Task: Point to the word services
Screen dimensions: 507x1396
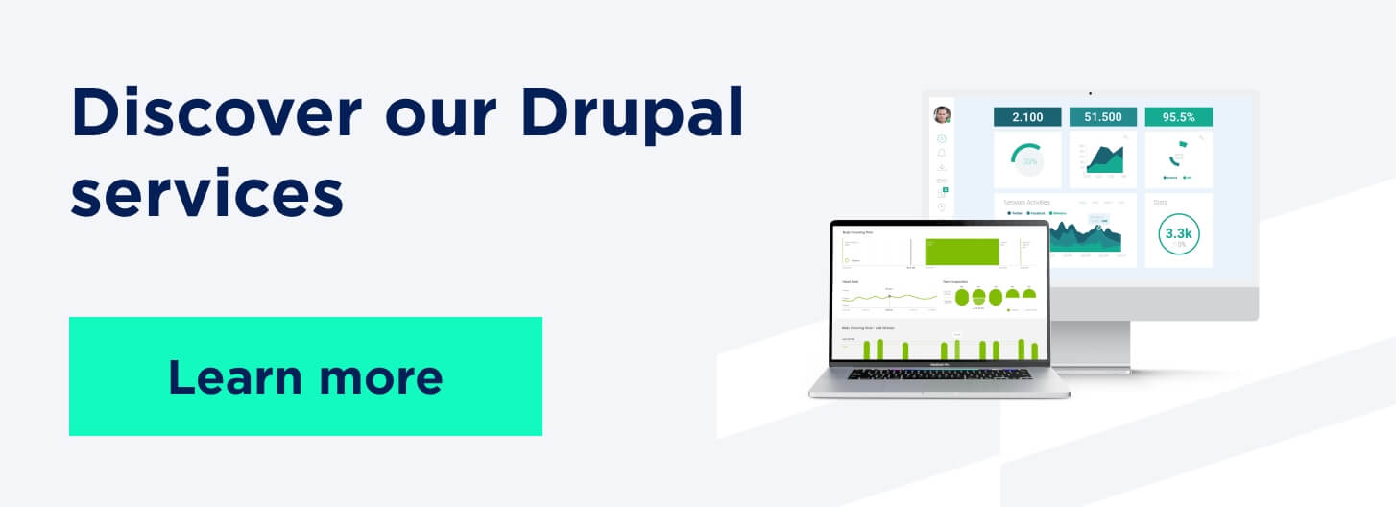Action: (x=206, y=191)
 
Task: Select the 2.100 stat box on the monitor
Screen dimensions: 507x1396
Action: (x=1026, y=116)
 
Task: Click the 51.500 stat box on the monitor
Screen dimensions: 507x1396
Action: (x=1102, y=116)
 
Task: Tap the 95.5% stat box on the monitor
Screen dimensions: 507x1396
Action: (x=1178, y=116)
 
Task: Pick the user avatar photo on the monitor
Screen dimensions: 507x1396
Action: (x=942, y=114)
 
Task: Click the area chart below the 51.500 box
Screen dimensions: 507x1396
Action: (x=1103, y=159)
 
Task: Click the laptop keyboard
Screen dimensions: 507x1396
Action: (x=939, y=374)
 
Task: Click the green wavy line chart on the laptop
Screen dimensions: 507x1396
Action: (x=888, y=298)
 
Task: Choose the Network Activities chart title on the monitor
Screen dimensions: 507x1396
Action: (x=1027, y=203)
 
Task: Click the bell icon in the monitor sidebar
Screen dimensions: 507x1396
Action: (x=942, y=152)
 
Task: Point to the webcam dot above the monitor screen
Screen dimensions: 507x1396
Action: (x=1091, y=93)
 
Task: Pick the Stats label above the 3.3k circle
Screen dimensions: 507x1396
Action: (x=1162, y=203)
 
